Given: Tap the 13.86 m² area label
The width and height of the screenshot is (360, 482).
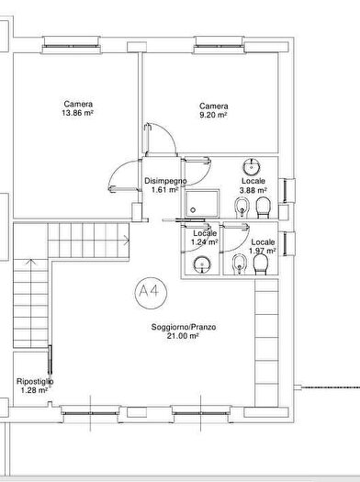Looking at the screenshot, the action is (x=77, y=113).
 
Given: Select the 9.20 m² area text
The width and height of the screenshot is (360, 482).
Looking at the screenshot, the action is (x=213, y=115).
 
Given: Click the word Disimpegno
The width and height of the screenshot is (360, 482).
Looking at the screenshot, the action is (x=165, y=181).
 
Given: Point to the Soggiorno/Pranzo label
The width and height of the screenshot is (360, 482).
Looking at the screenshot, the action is (x=184, y=327).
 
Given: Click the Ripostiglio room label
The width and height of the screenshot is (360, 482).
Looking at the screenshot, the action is (x=35, y=382).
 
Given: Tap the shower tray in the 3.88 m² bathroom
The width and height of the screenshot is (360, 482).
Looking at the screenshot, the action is (x=202, y=204).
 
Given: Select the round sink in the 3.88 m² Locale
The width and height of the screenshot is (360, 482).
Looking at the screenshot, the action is (x=252, y=167).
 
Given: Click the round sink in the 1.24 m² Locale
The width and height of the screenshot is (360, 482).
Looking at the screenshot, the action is (x=202, y=264).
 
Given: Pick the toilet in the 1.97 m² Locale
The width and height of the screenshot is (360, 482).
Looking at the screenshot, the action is (x=262, y=264).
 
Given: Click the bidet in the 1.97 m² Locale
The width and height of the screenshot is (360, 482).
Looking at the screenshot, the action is (x=239, y=264).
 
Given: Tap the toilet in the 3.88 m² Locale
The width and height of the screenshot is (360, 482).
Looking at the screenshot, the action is (x=264, y=207).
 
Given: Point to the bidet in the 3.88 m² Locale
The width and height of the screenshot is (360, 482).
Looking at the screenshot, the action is (x=242, y=207).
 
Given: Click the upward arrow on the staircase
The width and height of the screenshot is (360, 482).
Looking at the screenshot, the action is (x=30, y=262).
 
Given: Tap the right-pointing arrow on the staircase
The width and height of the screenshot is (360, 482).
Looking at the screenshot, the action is (x=127, y=240).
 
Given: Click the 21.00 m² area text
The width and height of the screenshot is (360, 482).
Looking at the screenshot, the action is (x=183, y=336).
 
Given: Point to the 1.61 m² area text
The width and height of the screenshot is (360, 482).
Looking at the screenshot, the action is (x=165, y=190).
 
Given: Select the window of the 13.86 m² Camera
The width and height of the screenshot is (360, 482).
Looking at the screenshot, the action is (x=72, y=46).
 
